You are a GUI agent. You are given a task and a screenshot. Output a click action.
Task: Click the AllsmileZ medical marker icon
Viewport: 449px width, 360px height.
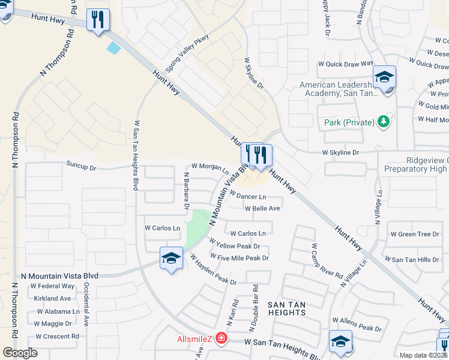(221, 340)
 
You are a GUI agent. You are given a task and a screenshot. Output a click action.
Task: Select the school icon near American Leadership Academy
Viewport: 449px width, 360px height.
(384, 77)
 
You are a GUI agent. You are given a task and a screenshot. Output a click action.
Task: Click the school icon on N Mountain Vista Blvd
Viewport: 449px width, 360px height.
(171, 259)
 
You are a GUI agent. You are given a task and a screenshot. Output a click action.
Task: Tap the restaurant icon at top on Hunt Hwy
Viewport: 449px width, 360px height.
(98, 20)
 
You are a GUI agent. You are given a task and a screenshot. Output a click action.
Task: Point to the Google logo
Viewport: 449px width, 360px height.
(20, 352)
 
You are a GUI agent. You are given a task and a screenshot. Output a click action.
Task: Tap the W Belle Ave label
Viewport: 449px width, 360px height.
(262, 208)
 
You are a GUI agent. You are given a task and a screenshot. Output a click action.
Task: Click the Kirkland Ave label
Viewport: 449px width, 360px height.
(52, 298)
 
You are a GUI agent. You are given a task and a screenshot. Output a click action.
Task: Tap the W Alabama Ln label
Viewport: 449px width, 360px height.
(58, 311)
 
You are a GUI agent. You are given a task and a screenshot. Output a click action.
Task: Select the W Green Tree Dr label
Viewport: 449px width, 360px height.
(415, 234)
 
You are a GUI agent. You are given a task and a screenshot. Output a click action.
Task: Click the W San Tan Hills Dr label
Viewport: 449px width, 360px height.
(415, 259)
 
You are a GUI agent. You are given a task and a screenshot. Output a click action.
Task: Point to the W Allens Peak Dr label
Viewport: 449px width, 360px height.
(357, 328)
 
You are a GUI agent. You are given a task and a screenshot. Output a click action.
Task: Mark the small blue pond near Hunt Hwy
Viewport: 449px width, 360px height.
(113, 47)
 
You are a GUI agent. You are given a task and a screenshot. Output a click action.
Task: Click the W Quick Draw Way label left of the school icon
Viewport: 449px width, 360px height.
(349, 63)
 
